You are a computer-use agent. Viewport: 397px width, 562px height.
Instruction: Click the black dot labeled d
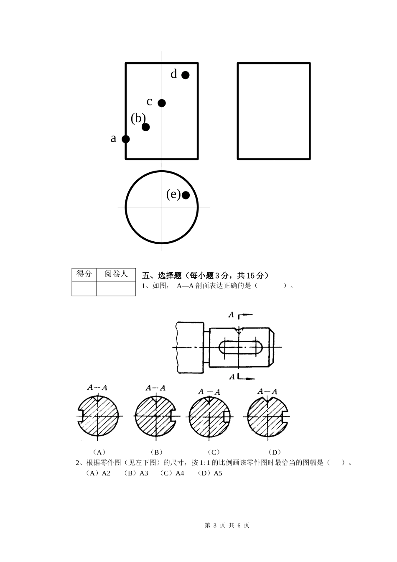(185, 75)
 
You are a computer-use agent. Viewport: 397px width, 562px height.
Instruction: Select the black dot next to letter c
(162, 103)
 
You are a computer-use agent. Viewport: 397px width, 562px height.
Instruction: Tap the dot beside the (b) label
(145, 127)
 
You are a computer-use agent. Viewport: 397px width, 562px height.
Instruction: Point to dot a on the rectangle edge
(126, 139)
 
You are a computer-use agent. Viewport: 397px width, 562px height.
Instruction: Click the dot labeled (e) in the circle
(186, 195)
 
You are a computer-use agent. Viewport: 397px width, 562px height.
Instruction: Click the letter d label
(174, 74)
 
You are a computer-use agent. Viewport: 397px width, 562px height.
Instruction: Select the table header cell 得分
(84, 274)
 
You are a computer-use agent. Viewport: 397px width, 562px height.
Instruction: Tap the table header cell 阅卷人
(116, 274)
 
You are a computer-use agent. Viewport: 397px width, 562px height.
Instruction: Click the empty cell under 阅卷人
(116, 289)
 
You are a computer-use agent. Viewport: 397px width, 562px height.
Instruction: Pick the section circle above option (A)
(98, 416)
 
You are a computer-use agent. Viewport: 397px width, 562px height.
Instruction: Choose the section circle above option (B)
(156, 416)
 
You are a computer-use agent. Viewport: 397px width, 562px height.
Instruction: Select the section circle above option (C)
(209, 416)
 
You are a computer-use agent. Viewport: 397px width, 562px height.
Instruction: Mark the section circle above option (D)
(267, 416)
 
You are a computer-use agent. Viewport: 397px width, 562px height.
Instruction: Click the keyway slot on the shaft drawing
(240, 347)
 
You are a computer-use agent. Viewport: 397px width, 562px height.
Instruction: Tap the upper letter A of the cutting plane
(231, 314)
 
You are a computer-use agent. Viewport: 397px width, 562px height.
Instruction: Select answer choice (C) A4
(172, 473)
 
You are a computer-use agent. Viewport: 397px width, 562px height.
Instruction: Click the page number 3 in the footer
(215, 526)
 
